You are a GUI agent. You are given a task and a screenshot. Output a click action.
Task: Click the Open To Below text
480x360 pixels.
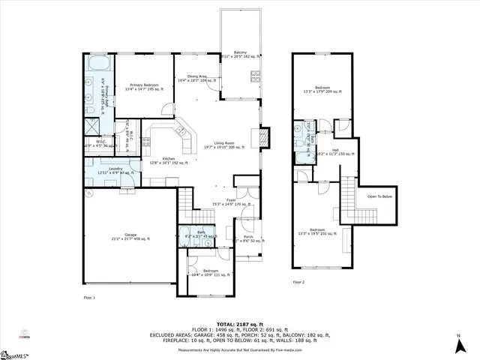pyautogui.click(x=379, y=197)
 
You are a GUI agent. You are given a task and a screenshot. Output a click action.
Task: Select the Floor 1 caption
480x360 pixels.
pyautogui.click(x=89, y=298)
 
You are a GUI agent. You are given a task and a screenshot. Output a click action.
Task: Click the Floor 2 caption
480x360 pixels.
pyautogui.click(x=298, y=283)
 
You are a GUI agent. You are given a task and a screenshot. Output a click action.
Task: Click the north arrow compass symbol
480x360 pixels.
pyautogui.click(x=458, y=345)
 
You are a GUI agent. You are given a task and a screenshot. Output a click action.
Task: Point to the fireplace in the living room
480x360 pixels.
pyautogui.click(x=263, y=138)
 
